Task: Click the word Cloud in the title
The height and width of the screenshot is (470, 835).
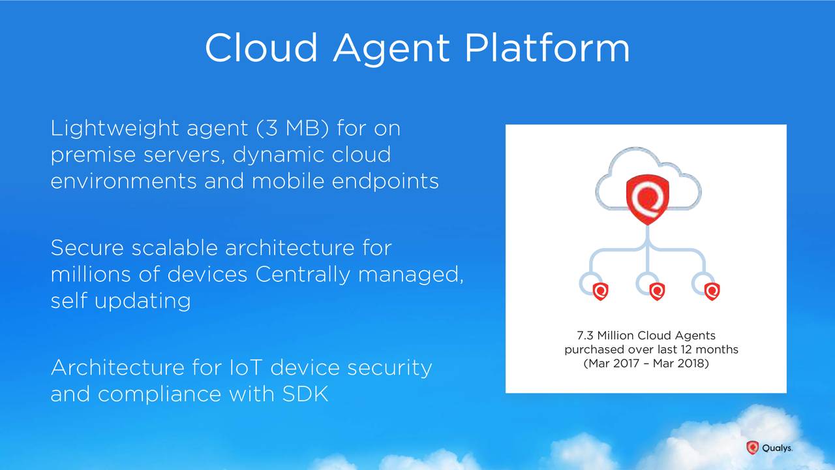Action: (262, 48)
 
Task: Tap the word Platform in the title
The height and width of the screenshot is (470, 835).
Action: (547, 48)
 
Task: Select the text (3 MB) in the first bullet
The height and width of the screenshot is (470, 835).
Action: (293, 129)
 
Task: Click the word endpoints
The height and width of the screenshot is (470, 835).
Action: (385, 181)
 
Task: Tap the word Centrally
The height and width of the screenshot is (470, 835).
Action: (303, 275)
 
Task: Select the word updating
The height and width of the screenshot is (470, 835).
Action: (142, 302)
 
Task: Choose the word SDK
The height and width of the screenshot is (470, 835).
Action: (305, 394)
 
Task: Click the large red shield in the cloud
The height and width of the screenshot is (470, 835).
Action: (648, 200)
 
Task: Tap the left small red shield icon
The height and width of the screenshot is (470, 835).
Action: (600, 291)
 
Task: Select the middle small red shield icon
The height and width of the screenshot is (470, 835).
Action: (657, 291)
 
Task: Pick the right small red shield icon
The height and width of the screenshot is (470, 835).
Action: (712, 291)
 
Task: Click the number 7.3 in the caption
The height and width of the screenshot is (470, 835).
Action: (585, 336)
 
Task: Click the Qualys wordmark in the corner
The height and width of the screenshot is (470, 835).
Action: (777, 448)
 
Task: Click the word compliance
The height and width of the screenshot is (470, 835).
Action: (160, 394)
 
